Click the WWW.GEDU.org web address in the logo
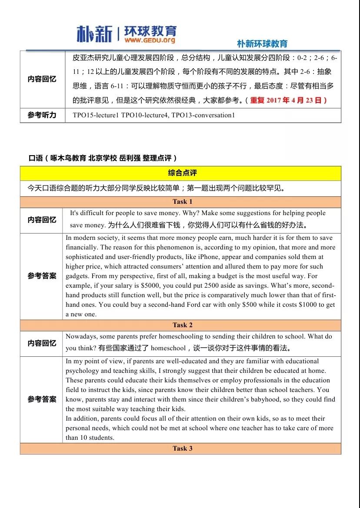point(150,40)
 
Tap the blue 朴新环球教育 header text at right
point(262,43)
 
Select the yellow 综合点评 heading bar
point(180,173)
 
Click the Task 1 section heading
point(180,202)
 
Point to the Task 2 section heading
point(180,325)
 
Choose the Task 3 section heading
point(180,448)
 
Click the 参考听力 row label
point(42,115)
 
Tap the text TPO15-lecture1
point(96,116)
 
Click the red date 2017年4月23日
point(294,100)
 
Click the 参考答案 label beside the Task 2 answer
point(42,399)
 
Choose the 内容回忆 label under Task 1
point(42,220)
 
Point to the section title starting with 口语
point(103,158)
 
